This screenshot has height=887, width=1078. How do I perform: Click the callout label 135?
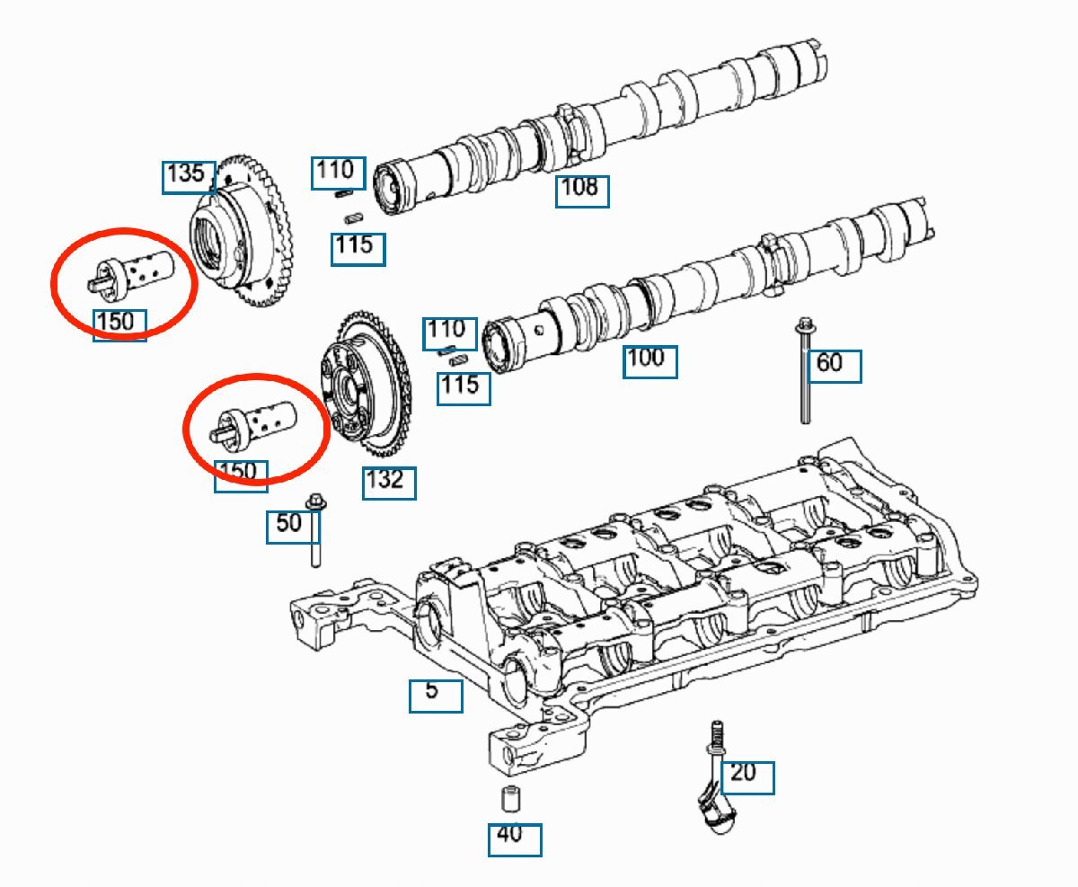tap(189, 177)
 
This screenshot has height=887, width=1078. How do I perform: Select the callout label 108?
tap(582, 191)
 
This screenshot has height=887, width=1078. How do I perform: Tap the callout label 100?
tap(649, 362)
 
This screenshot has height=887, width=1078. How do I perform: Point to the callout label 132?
tap(389, 483)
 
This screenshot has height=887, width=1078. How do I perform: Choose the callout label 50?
tap(293, 528)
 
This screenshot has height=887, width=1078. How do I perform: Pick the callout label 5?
tap(436, 696)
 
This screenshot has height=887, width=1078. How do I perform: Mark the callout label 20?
tap(747, 777)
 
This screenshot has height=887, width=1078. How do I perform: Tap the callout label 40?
tap(515, 840)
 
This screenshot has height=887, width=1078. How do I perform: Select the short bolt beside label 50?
tap(316, 530)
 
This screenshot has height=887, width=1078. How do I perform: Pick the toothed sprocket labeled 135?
tap(240, 230)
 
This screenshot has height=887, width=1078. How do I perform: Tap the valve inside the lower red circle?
tap(254, 422)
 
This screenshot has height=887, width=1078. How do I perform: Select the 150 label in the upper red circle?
tap(119, 325)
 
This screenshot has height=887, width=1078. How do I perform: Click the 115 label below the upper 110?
tap(358, 249)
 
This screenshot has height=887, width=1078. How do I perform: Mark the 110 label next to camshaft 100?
tap(449, 333)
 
